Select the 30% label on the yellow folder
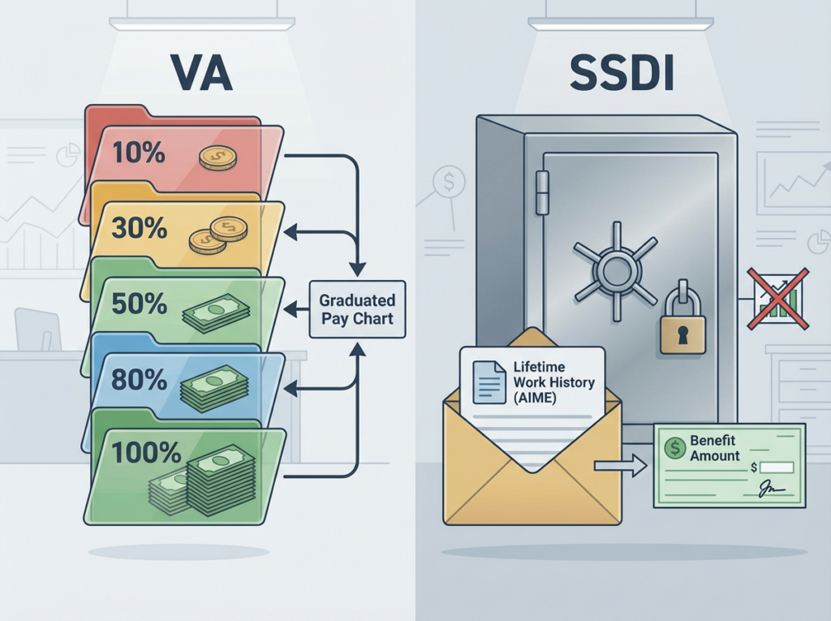[x=140, y=228]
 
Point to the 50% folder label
[x=140, y=304]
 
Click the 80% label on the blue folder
[x=140, y=379]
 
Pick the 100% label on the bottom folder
[x=146, y=452]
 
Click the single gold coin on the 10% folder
[x=217, y=157]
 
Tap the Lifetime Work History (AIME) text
[x=553, y=382]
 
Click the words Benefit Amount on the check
[x=714, y=448]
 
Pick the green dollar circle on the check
[x=674, y=447]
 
